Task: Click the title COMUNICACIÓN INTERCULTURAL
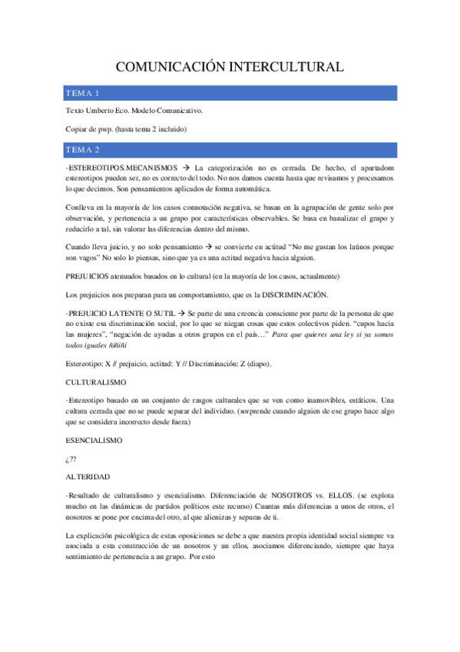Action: [230, 68]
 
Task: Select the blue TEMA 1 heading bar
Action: [230, 93]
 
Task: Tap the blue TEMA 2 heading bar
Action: [230, 148]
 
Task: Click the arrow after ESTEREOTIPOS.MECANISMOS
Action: [184, 166]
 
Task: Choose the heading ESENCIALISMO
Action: [96, 440]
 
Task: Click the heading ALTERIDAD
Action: [88, 477]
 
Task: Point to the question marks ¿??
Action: [72, 459]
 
